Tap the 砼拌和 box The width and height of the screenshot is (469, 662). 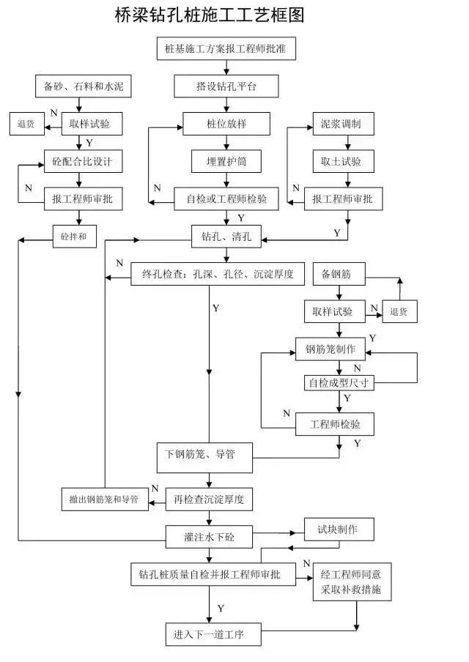[x=74, y=237]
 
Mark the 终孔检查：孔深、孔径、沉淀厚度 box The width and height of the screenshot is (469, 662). [x=213, y=275]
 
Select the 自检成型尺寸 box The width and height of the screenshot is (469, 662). [x=339, y=382]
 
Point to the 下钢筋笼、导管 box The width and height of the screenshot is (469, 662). [x=205, y=455]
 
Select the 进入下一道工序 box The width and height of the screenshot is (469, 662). [x=213, y=634]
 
